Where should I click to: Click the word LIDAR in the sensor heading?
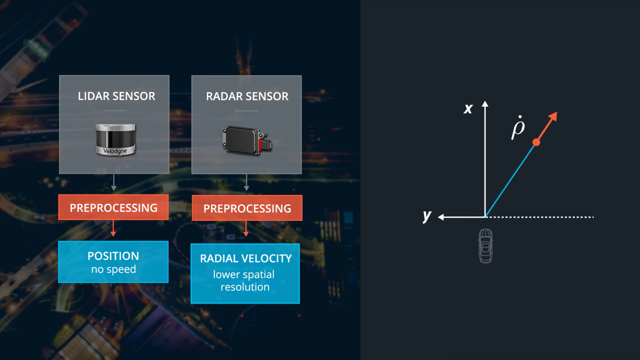(94, 96)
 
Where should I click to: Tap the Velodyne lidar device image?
(115, 139)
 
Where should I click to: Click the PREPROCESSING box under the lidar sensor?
(113, 207)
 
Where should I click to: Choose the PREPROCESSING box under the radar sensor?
(247, 208)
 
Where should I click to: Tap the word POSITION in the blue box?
(113, 256)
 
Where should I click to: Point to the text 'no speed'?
(114, 269)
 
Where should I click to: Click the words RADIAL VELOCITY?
(246, 258)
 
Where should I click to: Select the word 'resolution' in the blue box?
(245, 287)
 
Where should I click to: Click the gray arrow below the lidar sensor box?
(114, 182)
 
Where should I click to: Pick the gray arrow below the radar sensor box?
(246, 182)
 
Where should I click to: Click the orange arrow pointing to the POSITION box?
(113, 228)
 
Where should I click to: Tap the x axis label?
(468, 109)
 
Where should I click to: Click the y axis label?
(427, 216)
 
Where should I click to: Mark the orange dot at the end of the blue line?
(536, 142)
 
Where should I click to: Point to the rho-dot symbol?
(518, 127)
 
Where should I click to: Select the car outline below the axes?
(486, 246)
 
